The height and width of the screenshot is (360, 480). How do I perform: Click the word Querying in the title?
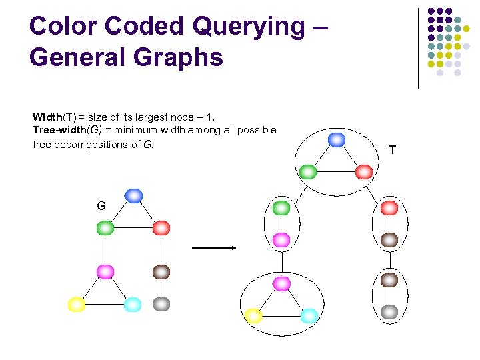coord(243,26)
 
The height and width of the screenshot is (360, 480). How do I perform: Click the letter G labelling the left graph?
coord(101,206)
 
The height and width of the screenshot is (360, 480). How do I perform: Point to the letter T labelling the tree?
coord(392,150)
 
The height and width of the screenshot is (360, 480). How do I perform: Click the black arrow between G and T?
coord(214,248)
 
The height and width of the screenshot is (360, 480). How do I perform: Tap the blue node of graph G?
coord(134,195)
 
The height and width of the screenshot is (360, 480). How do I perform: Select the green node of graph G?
coord(105,227)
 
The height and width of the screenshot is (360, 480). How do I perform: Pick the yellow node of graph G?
coord(77,305)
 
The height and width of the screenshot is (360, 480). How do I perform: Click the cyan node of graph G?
coord(133,305)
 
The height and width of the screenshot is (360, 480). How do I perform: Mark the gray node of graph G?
coord(161,304)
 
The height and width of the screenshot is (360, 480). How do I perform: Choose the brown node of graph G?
coord(161,272)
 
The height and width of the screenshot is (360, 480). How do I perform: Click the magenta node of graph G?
coord(105,272)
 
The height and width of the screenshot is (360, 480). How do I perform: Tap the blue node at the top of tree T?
coord(337,139)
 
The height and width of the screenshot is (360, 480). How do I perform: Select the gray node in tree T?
coord(389,311)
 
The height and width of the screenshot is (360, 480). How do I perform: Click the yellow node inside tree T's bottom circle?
coord(253,316)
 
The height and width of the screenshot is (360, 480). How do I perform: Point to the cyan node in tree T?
coord(309,316)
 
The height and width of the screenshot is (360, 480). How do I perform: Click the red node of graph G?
coord(161,227)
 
